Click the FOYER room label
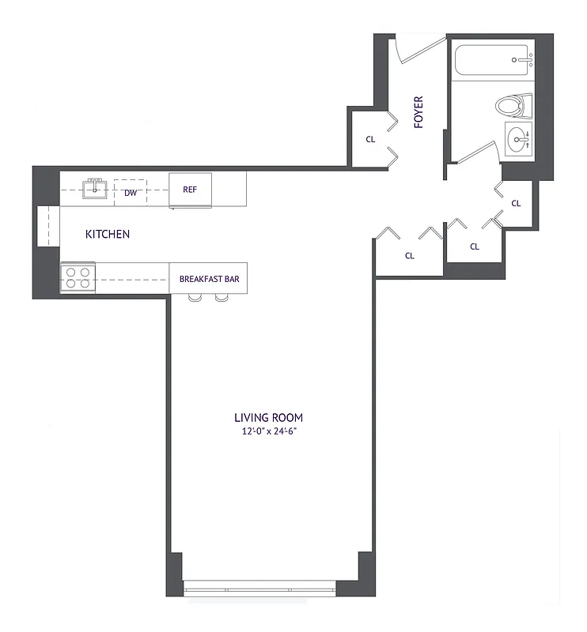(418, 112)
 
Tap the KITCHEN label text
(108, 235)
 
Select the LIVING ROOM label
(268, 418)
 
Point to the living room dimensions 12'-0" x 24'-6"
(268, 431)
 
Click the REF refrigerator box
(191, 190)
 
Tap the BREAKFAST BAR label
(209, 279)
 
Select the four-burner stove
(78, 278)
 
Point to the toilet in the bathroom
(512, 105)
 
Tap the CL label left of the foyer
(369, 139)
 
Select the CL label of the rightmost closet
(517, 203)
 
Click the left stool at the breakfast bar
(195, 298)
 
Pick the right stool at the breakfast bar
(221, 298)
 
